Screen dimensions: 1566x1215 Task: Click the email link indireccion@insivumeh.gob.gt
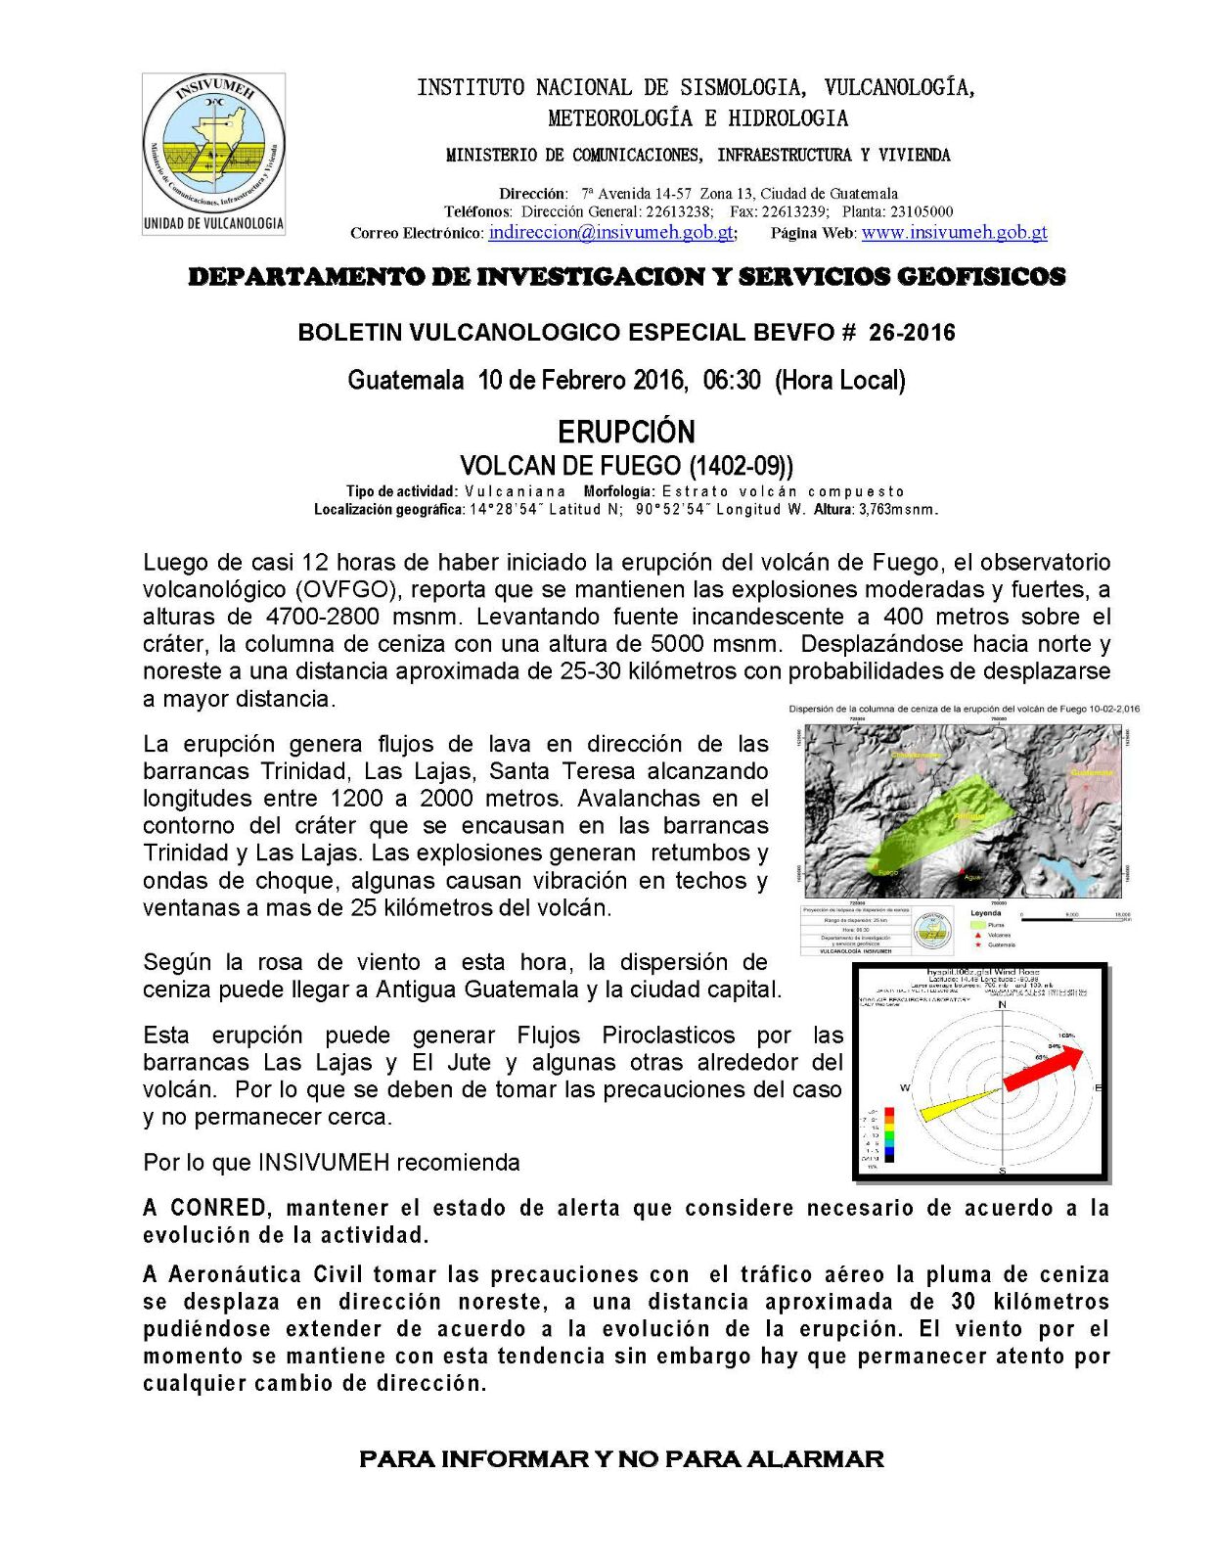(611, 233)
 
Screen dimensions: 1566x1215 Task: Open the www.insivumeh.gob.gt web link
(954, 233)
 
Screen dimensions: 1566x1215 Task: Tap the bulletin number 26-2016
(912, 333)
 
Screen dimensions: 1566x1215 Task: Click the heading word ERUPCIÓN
(626, 432)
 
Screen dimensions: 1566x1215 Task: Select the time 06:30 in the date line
(732, 380)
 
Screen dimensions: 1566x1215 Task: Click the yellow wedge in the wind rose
(959, 1105)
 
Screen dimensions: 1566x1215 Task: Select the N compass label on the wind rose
(1002, 1005)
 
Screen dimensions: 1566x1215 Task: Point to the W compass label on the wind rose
(905, 1088)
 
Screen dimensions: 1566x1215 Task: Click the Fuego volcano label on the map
(886, 871)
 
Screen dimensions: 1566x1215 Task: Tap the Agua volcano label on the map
(971, 877)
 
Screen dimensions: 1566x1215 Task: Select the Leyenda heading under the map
(985, 913)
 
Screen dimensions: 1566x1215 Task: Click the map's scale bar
(1075, 918)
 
